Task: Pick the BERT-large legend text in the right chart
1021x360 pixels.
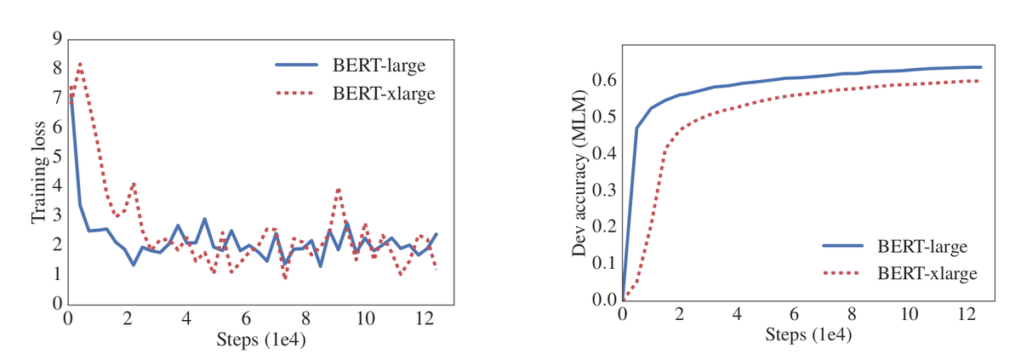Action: point(923,247)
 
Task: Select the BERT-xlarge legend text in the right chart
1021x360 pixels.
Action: point(927,273)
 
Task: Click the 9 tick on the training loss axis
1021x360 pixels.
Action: point(56,38)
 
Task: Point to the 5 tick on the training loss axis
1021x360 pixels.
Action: point(56,157)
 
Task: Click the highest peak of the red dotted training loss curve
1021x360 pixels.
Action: point(79,63)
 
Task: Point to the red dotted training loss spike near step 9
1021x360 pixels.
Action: point(339,189)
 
